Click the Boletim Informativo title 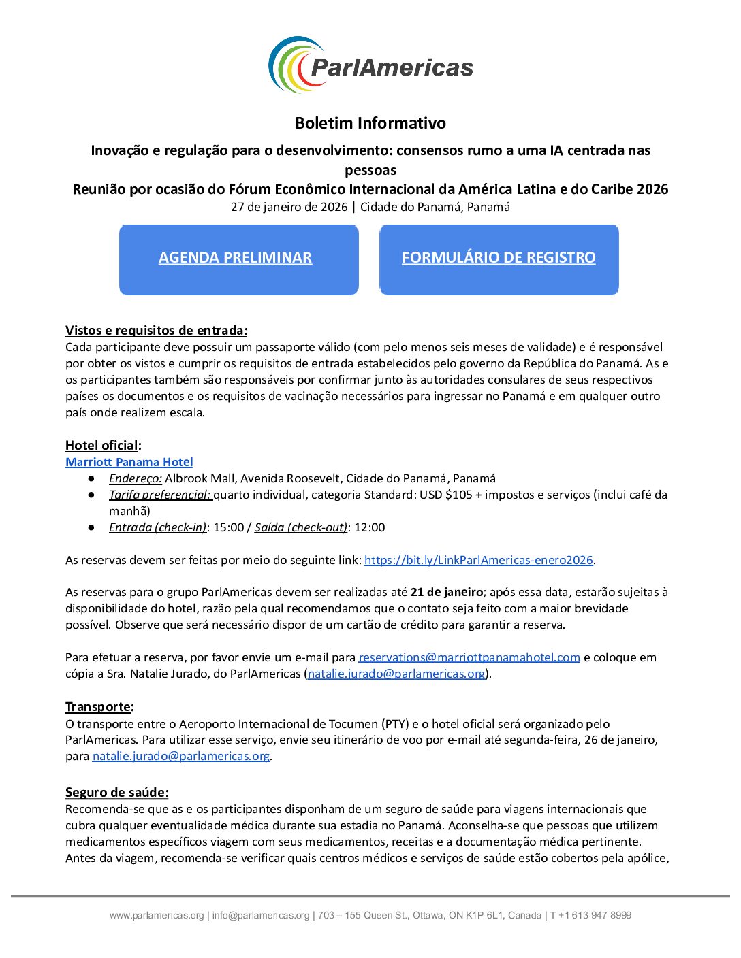tap(370, 123)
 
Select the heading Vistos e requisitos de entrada tap(156, 331)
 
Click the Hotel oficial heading tap(103, 446)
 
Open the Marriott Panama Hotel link tap(129, 462)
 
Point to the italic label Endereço tap(135, 478)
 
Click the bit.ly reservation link tap(479, 560)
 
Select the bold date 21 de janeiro tap(447, 592)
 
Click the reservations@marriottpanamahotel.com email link tap(469, 657)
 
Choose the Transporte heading tap(99, 707)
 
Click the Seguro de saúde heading tap(116, 793)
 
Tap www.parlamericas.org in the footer tap(157, 916)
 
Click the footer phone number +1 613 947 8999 tap(595, 916)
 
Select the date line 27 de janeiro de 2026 tap(289, 207)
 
